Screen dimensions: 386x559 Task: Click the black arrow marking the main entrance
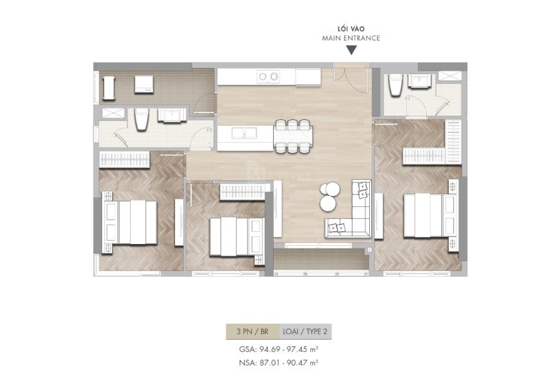click(x=351, y=51)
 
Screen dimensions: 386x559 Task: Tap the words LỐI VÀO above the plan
click(x=351, y=29)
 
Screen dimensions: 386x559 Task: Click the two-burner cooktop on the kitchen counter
click(x=269, y=76)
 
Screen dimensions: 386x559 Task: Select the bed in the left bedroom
click(x=131, y=222)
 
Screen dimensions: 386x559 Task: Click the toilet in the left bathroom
click(x=142, y=119)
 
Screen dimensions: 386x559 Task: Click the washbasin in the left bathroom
click(x=172, y=116)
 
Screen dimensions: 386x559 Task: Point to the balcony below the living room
click(x=321, y=260)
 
